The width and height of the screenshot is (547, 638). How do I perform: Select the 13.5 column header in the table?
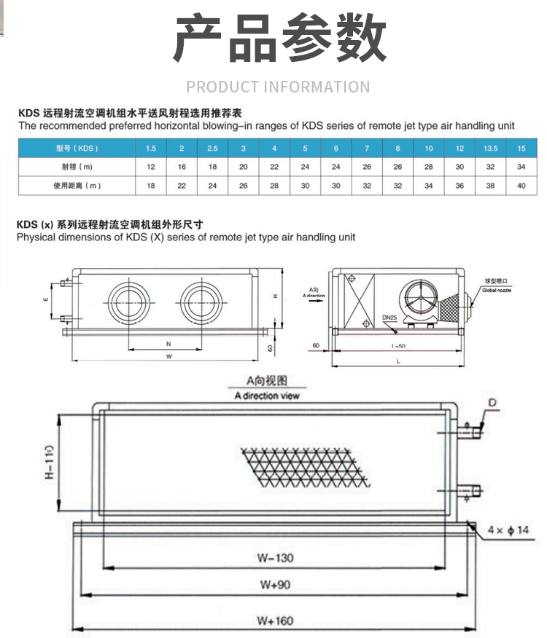[490, 149]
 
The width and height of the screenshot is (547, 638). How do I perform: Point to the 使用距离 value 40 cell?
[521, 186]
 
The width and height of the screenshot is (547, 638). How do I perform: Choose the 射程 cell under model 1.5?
[150, 167]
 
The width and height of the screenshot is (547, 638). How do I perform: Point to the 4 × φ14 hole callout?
[508, 530]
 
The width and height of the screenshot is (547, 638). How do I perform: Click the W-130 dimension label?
[275, 559]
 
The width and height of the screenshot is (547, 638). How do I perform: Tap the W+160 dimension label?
[275, 621]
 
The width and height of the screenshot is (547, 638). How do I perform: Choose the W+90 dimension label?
[275, 586]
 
